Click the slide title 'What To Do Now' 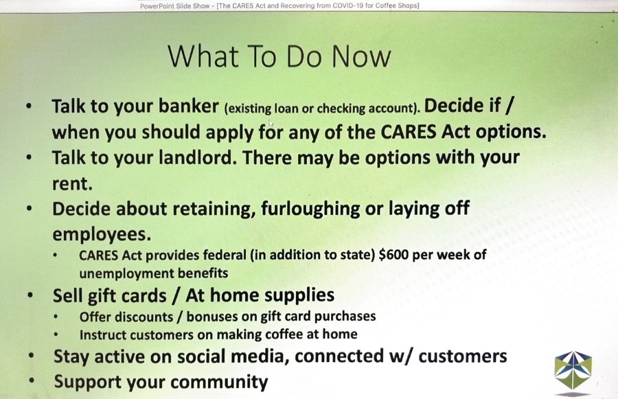tap(279, 56)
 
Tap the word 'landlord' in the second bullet tap(198, 157)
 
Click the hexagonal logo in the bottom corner tap(573, 370)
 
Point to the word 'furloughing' tap(310, 209)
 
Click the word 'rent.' tap(72, 184)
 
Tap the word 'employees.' tap(102, 235)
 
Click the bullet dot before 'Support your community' tap(32, 381)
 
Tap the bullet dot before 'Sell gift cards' tap(30, 295)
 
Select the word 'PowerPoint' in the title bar tap(154, 6)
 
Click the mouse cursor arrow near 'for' tap(271, 123)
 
